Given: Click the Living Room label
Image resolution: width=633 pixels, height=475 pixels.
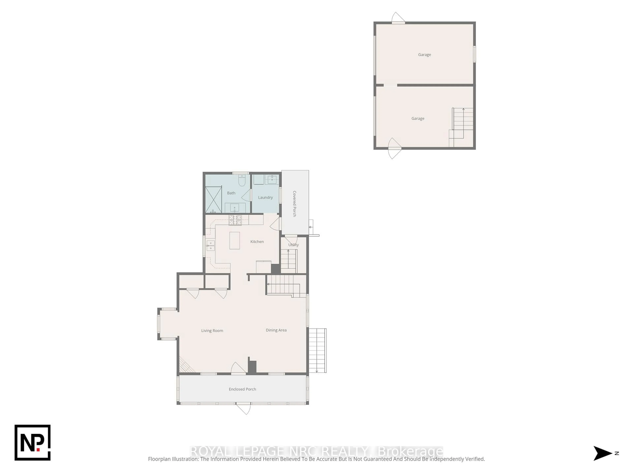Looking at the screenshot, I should tap(212, 331).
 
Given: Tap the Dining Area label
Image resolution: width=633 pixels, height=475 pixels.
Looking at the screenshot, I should tap(276, 330).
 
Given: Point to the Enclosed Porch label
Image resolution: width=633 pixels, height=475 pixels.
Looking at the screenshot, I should tap(242, 389).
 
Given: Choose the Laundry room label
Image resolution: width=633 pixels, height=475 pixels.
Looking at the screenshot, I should tap(265, 198).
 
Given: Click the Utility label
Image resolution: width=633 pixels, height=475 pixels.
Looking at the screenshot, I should tap(293, 245).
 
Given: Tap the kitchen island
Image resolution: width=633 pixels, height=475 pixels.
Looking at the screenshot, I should tap(235, 240).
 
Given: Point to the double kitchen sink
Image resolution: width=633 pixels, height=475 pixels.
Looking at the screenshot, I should tap(211, 246).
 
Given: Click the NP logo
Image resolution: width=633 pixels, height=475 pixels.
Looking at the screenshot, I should tap(33, 443).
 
